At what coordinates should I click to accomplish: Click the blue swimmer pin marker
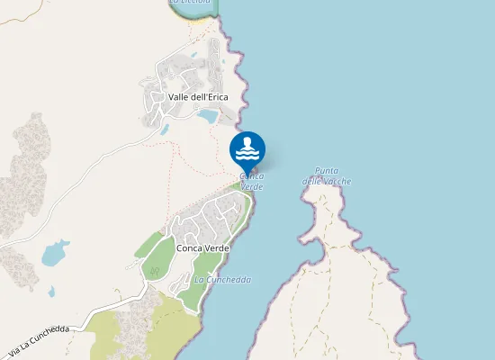[x=247, y=149]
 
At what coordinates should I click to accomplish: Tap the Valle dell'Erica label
[x=198, y=96]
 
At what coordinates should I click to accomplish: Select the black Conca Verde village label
[x=203, y=247]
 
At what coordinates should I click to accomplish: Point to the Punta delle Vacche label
[x=327, y=176]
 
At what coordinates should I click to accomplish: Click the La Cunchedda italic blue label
[x=222, y=280]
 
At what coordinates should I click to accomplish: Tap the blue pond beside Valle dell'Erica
[x=208, y=117]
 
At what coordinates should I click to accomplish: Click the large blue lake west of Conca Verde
[x=55, y=252]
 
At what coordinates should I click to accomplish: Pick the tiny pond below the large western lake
[x=51, y=292]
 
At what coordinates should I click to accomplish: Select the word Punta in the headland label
[x=326, y=171]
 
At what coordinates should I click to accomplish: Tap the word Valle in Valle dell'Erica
[x=177, y=96]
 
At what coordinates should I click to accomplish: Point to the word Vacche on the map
[x=337, y=182]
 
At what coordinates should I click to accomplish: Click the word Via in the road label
[x=15, y=348]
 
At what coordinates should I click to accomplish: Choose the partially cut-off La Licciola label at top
[x=190, y=3]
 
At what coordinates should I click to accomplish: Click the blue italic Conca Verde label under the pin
[x=252, y=181]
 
